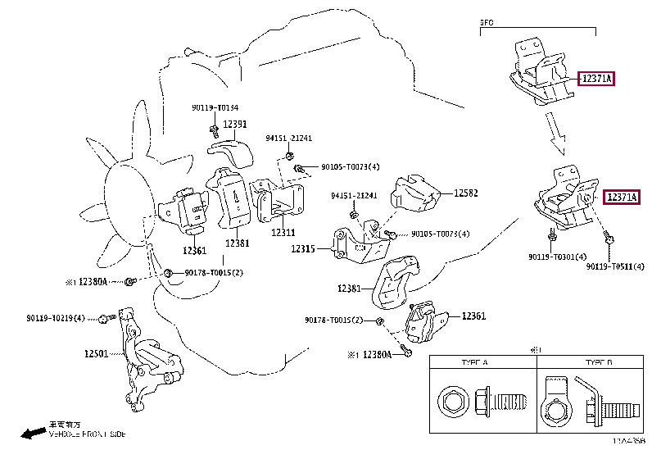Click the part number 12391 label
(x=235, y=125)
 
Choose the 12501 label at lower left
(x=97, y=354)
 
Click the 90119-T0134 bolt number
(x=215, y=108)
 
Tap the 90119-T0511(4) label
(x=614, y=266)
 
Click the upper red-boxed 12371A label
(x=597, y=79)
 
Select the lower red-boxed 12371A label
(x=621, y=197)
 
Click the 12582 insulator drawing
(x=418, y=198)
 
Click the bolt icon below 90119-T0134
(x=213, y=129)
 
